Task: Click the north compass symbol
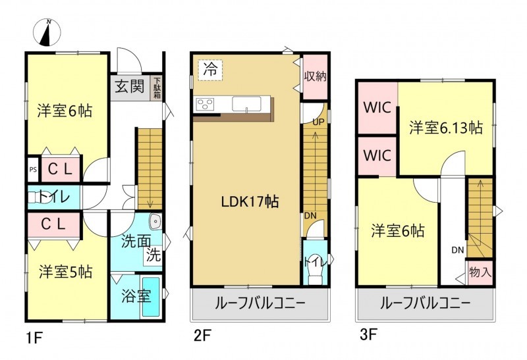tap(47, 32)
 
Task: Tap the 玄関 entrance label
tap(130, 86)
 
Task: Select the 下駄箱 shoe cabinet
tap(157, 88)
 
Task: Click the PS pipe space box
tap(33, 169)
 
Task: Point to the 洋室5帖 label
tap(65, 272)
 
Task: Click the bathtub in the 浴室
tap(152, 296)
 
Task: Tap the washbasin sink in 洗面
tap(155, 220)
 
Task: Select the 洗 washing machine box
tap(153, 255)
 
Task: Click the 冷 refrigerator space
tap(211, 70)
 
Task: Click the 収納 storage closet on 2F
tap(316, 76)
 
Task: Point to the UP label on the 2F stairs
tap(318, 122)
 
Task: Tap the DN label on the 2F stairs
tap(310, 216)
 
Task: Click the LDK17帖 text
tap(250, 202)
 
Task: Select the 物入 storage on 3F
tap(480, 272)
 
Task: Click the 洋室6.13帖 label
tap(446, 128)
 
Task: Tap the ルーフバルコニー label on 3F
tap(425, 303)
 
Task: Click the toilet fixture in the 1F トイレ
tap(40, 197)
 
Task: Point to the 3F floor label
tap(368, 335)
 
